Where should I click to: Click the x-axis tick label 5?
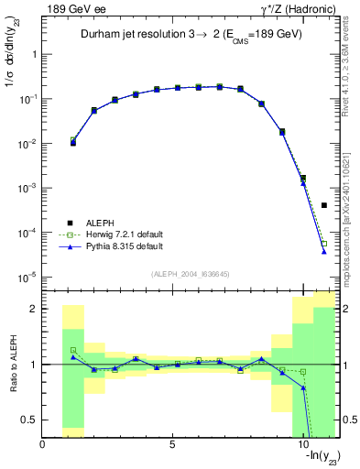tap(172, 444)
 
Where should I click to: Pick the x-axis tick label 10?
tap(302, 444)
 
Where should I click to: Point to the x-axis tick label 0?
tap(43, 444)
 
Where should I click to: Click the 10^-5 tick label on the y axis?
tap(27, 276)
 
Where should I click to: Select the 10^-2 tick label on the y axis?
tap(27, 143)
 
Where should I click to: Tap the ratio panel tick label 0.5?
tap(27, 420)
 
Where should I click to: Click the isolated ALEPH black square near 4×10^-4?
tap(324, 205)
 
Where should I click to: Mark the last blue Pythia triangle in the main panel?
tap(324, 251)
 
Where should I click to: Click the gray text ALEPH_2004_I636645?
tap(189, 274)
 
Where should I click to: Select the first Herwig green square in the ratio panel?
tap(73, 350)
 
